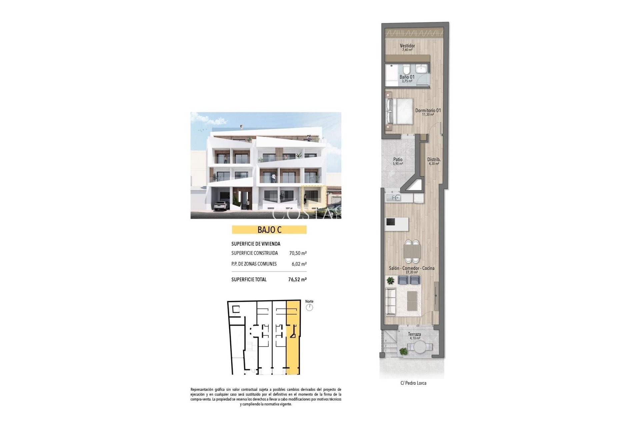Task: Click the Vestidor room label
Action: tap(407, 46)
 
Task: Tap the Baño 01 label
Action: tap(407, 77)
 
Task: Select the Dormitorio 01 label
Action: tap(428, 110)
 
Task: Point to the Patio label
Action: tap(398, 160)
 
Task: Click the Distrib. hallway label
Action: tap(434, 160)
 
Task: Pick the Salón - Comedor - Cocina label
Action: tap(412, 268)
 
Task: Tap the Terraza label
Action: tap(414, 334)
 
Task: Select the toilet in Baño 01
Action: tap(406, 70)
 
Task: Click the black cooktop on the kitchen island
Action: tap(390, 222)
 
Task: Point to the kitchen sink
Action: tap(394, 198)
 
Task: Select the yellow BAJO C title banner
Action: tap(269, 230)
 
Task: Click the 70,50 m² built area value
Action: tap(298, 253)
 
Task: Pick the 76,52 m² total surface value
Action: tap(297, 280)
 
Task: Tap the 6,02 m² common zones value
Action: tap(299, 264)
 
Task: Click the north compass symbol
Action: tap(309, 307)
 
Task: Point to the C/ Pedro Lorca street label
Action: tap(413, 383)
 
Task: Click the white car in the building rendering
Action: tap(221, 206)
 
